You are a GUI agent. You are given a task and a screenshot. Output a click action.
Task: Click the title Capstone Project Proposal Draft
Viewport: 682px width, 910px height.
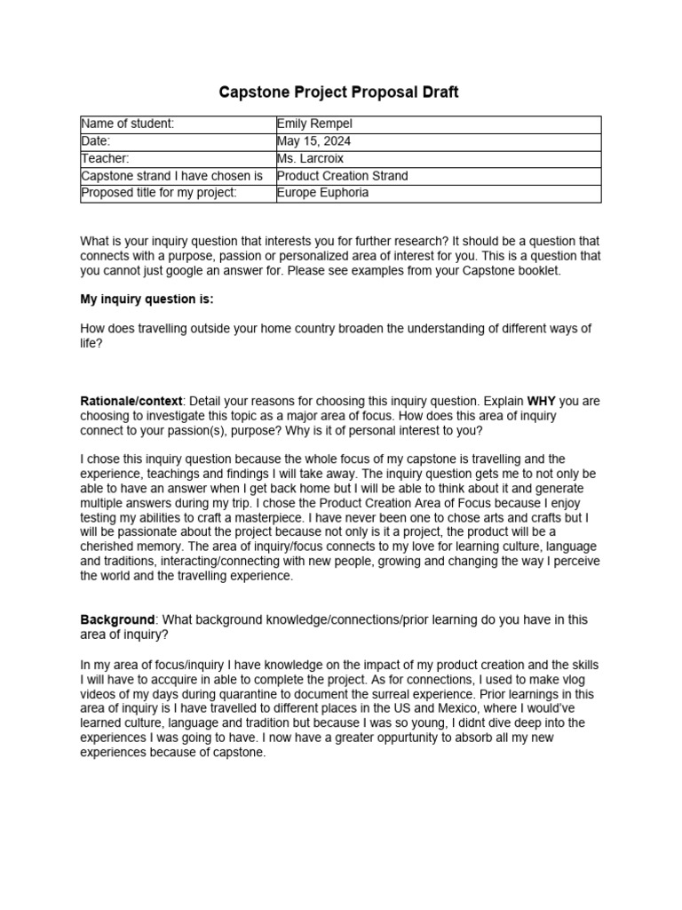[340, 92]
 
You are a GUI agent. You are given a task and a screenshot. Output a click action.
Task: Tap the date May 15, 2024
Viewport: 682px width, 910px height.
[313, 141]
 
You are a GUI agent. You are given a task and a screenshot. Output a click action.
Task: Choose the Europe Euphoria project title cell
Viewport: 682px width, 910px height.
[322, 193]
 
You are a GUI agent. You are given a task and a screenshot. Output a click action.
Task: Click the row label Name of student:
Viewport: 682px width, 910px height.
[128, 124]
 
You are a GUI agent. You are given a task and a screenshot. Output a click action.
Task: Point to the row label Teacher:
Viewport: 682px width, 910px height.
[106, 158]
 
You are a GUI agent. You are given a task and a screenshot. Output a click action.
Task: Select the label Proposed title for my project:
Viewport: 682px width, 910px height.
[159, 193]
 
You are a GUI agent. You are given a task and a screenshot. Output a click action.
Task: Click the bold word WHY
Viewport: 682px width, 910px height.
[542, 402]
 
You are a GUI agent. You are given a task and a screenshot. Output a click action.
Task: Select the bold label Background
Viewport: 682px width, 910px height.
[117, 619]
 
